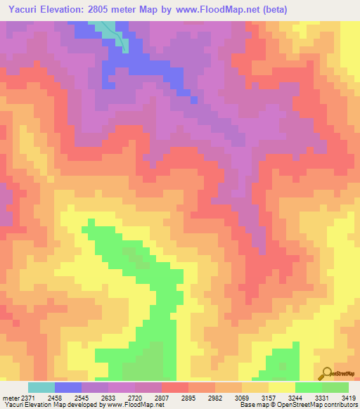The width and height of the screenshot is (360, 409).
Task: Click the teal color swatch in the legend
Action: pyautogui.click(x=41, y=387)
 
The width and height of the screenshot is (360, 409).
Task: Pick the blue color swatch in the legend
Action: pyautogui.click(x=68, y=387)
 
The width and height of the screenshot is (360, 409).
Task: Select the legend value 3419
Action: pyautogui.click(x=349, y=398)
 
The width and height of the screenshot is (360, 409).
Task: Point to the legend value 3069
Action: pyautogui.click(x=248, y=398)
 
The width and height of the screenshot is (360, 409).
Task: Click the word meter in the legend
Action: pyautogui.click(x=11, y=398)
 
